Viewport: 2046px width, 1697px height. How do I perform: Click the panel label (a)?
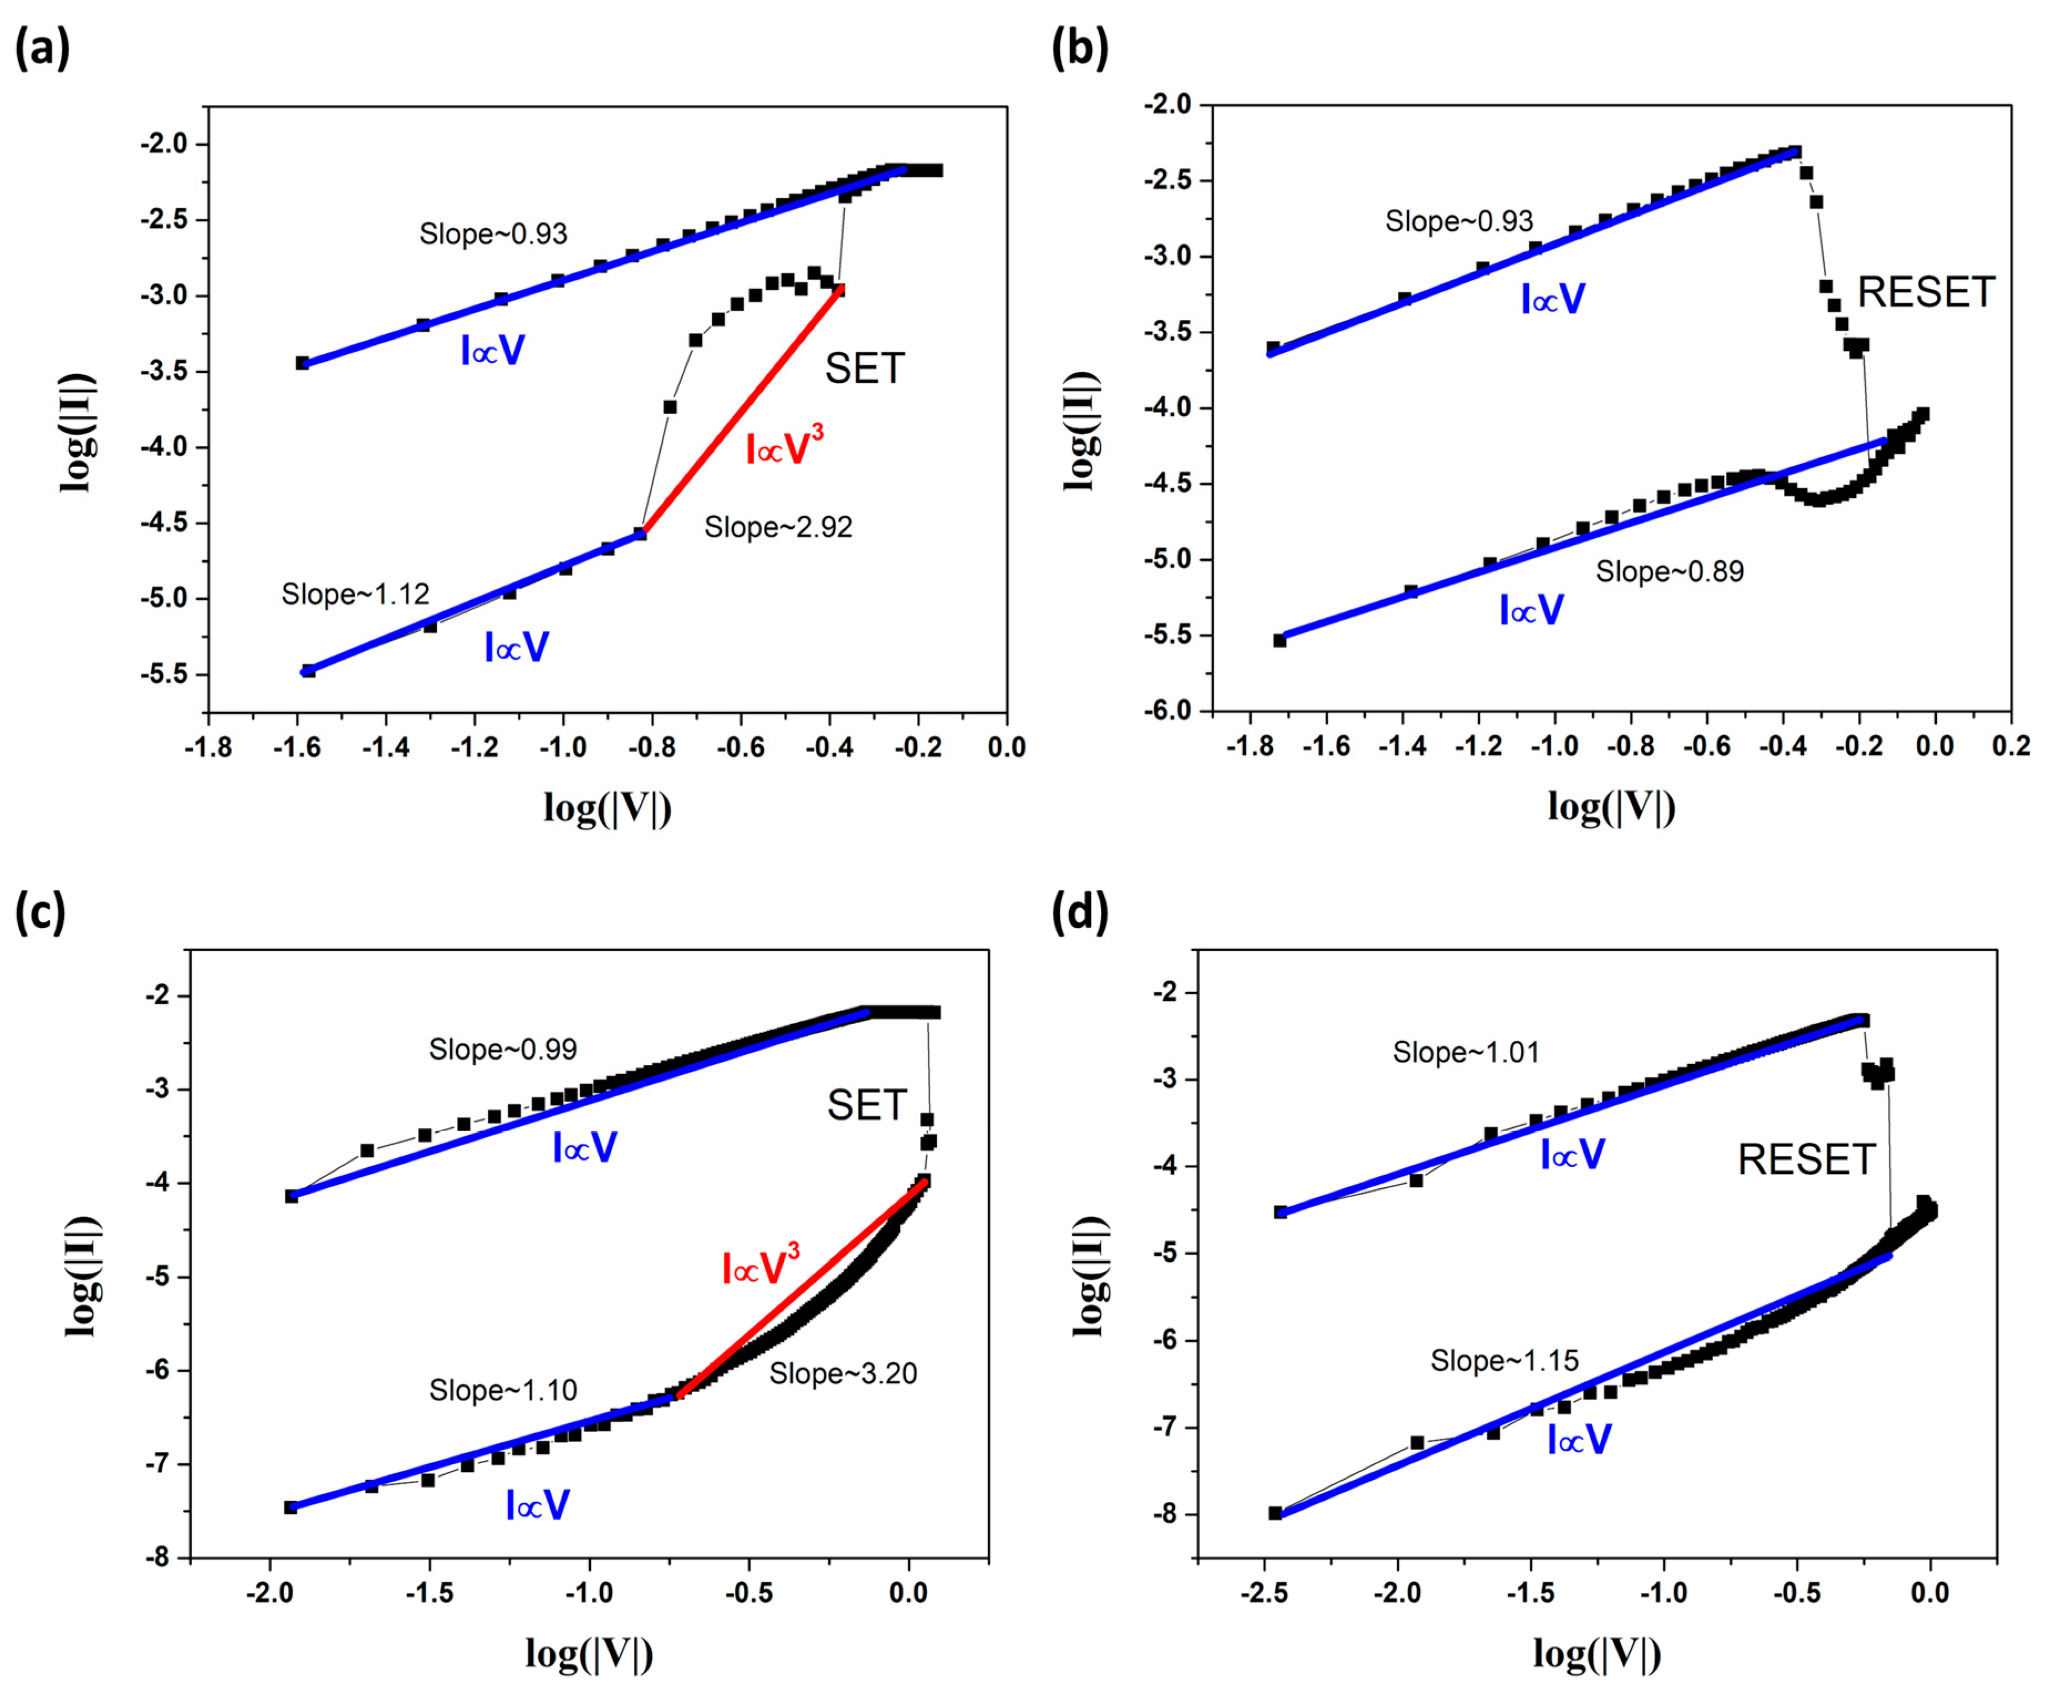42,48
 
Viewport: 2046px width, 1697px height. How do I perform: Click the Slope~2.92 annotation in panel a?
778,527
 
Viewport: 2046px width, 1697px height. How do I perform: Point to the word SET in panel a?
864,368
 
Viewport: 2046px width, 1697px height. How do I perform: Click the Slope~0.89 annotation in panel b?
1669,572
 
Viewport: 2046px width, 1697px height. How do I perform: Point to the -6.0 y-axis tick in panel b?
1167,711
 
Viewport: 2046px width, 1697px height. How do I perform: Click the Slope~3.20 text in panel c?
843,1373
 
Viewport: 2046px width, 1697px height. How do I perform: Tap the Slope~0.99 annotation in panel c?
503,1049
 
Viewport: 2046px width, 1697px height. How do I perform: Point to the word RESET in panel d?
1807,1160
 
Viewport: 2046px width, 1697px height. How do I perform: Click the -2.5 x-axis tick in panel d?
1264,1594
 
